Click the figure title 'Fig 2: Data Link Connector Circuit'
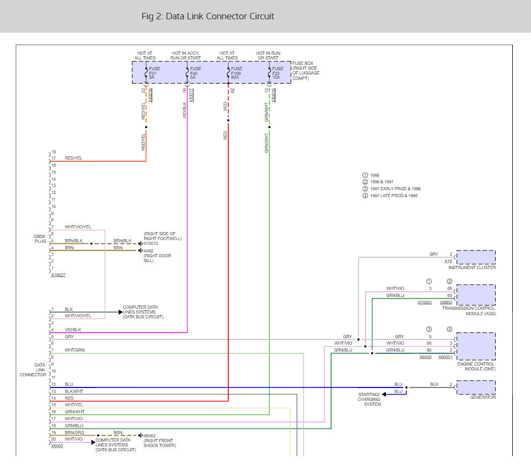click(207, 16)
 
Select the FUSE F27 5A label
click(154, 73)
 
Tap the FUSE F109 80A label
click(236, 73)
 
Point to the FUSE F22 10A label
click(278, 73)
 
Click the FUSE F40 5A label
click(196, 73)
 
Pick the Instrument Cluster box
click(476, 257)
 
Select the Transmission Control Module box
click(476, 295)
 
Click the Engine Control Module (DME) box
click(476, 346)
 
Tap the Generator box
click(476, 388)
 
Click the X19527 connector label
click(58, 275)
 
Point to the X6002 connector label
click(57, 446)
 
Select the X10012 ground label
click(151, 243)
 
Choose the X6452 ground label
click(149, 436)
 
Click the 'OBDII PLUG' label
click(40, 239)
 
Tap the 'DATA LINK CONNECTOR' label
click(33, 370)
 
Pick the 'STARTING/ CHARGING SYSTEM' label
click(369, 399)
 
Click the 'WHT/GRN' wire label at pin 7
click(74, 350)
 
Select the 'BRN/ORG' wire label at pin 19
click(74, 433)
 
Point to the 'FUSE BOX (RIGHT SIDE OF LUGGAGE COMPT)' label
click(306, 71)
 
